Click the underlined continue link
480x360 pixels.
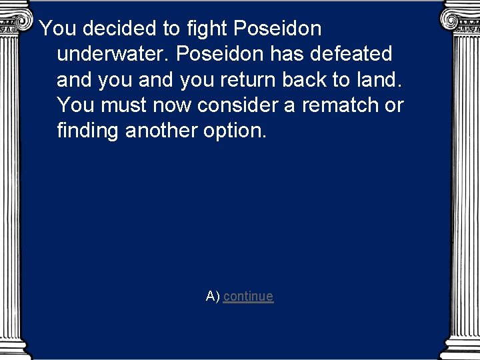tap(248, 297)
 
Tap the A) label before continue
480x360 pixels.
tap(213, 297)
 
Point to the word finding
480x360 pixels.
tap(88, 130)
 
